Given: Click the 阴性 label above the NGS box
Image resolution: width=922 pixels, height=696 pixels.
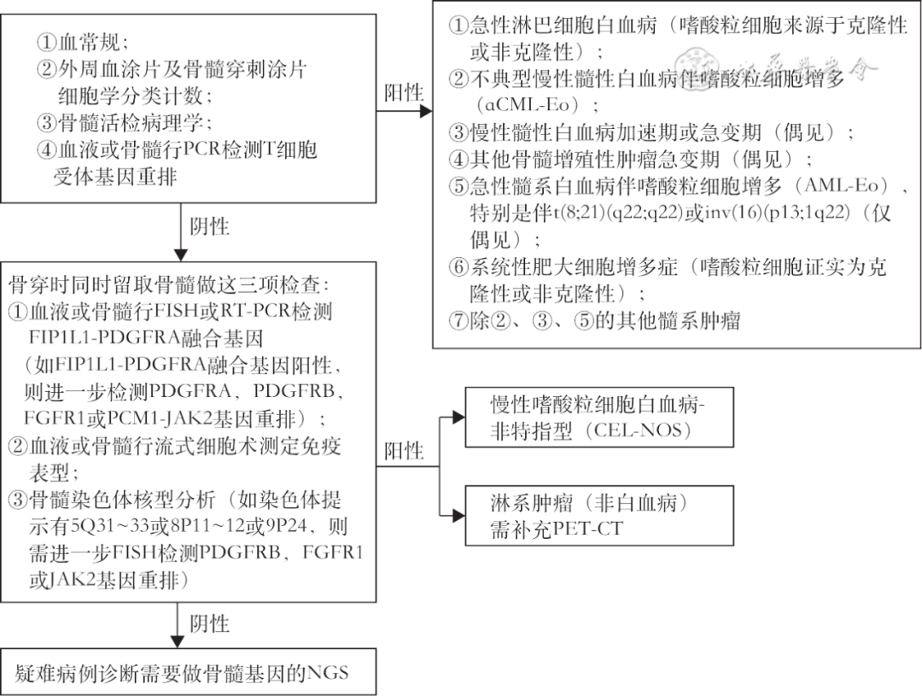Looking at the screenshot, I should [208, 623].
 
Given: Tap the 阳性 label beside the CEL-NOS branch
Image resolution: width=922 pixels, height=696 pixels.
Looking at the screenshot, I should [404, 450].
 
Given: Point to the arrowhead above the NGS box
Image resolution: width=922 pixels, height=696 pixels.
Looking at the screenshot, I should [178, 640].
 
